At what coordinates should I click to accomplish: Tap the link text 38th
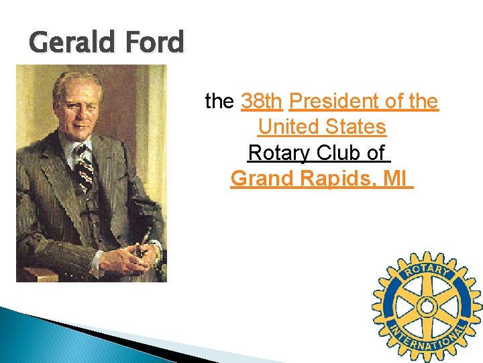[x=261, y=102]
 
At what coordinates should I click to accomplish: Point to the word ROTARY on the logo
[x=427, y=270]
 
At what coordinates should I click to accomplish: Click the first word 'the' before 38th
[x=219, y=102]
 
